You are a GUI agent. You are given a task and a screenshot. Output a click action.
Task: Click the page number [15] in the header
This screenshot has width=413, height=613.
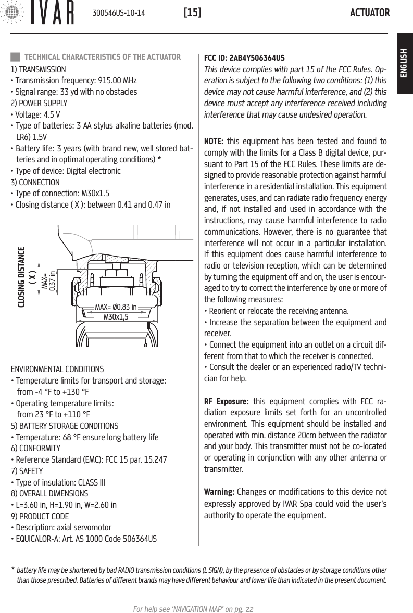click(x=192, y=12)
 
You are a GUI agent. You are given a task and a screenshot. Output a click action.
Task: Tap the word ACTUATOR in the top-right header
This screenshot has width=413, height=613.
click(x=370, y=12)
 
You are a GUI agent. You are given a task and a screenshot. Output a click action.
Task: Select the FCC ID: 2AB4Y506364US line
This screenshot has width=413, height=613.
click(x=244, y=57)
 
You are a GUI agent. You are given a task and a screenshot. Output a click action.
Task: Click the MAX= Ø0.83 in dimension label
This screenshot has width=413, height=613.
click(x=116, y=306)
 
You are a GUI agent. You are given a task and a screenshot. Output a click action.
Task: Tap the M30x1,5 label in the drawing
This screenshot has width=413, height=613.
click(x=116, y=316)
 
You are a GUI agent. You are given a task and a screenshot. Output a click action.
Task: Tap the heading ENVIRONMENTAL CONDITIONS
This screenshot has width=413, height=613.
click(x=57, y=369)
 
